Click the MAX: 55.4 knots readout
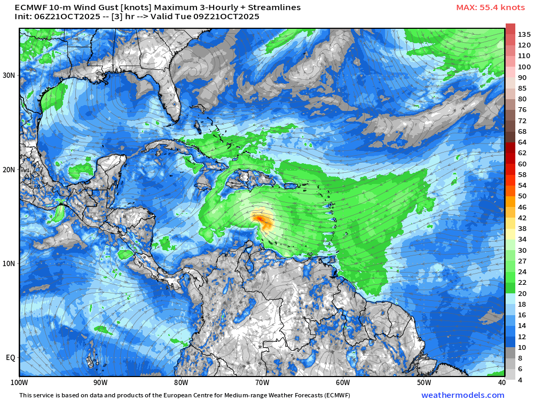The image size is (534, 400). tap(490, 7)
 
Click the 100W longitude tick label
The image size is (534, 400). tap(20, 382)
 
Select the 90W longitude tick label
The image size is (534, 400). tap(100, 382)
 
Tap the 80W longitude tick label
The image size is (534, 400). tap(181, 382)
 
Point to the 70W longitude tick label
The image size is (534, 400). tap(262, 382)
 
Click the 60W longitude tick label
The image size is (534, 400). tap(343, 382)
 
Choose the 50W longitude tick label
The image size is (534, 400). tap(423, 382)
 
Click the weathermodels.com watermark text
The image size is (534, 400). tap(462, 395)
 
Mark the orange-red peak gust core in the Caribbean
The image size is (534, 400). tap(259, 218)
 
